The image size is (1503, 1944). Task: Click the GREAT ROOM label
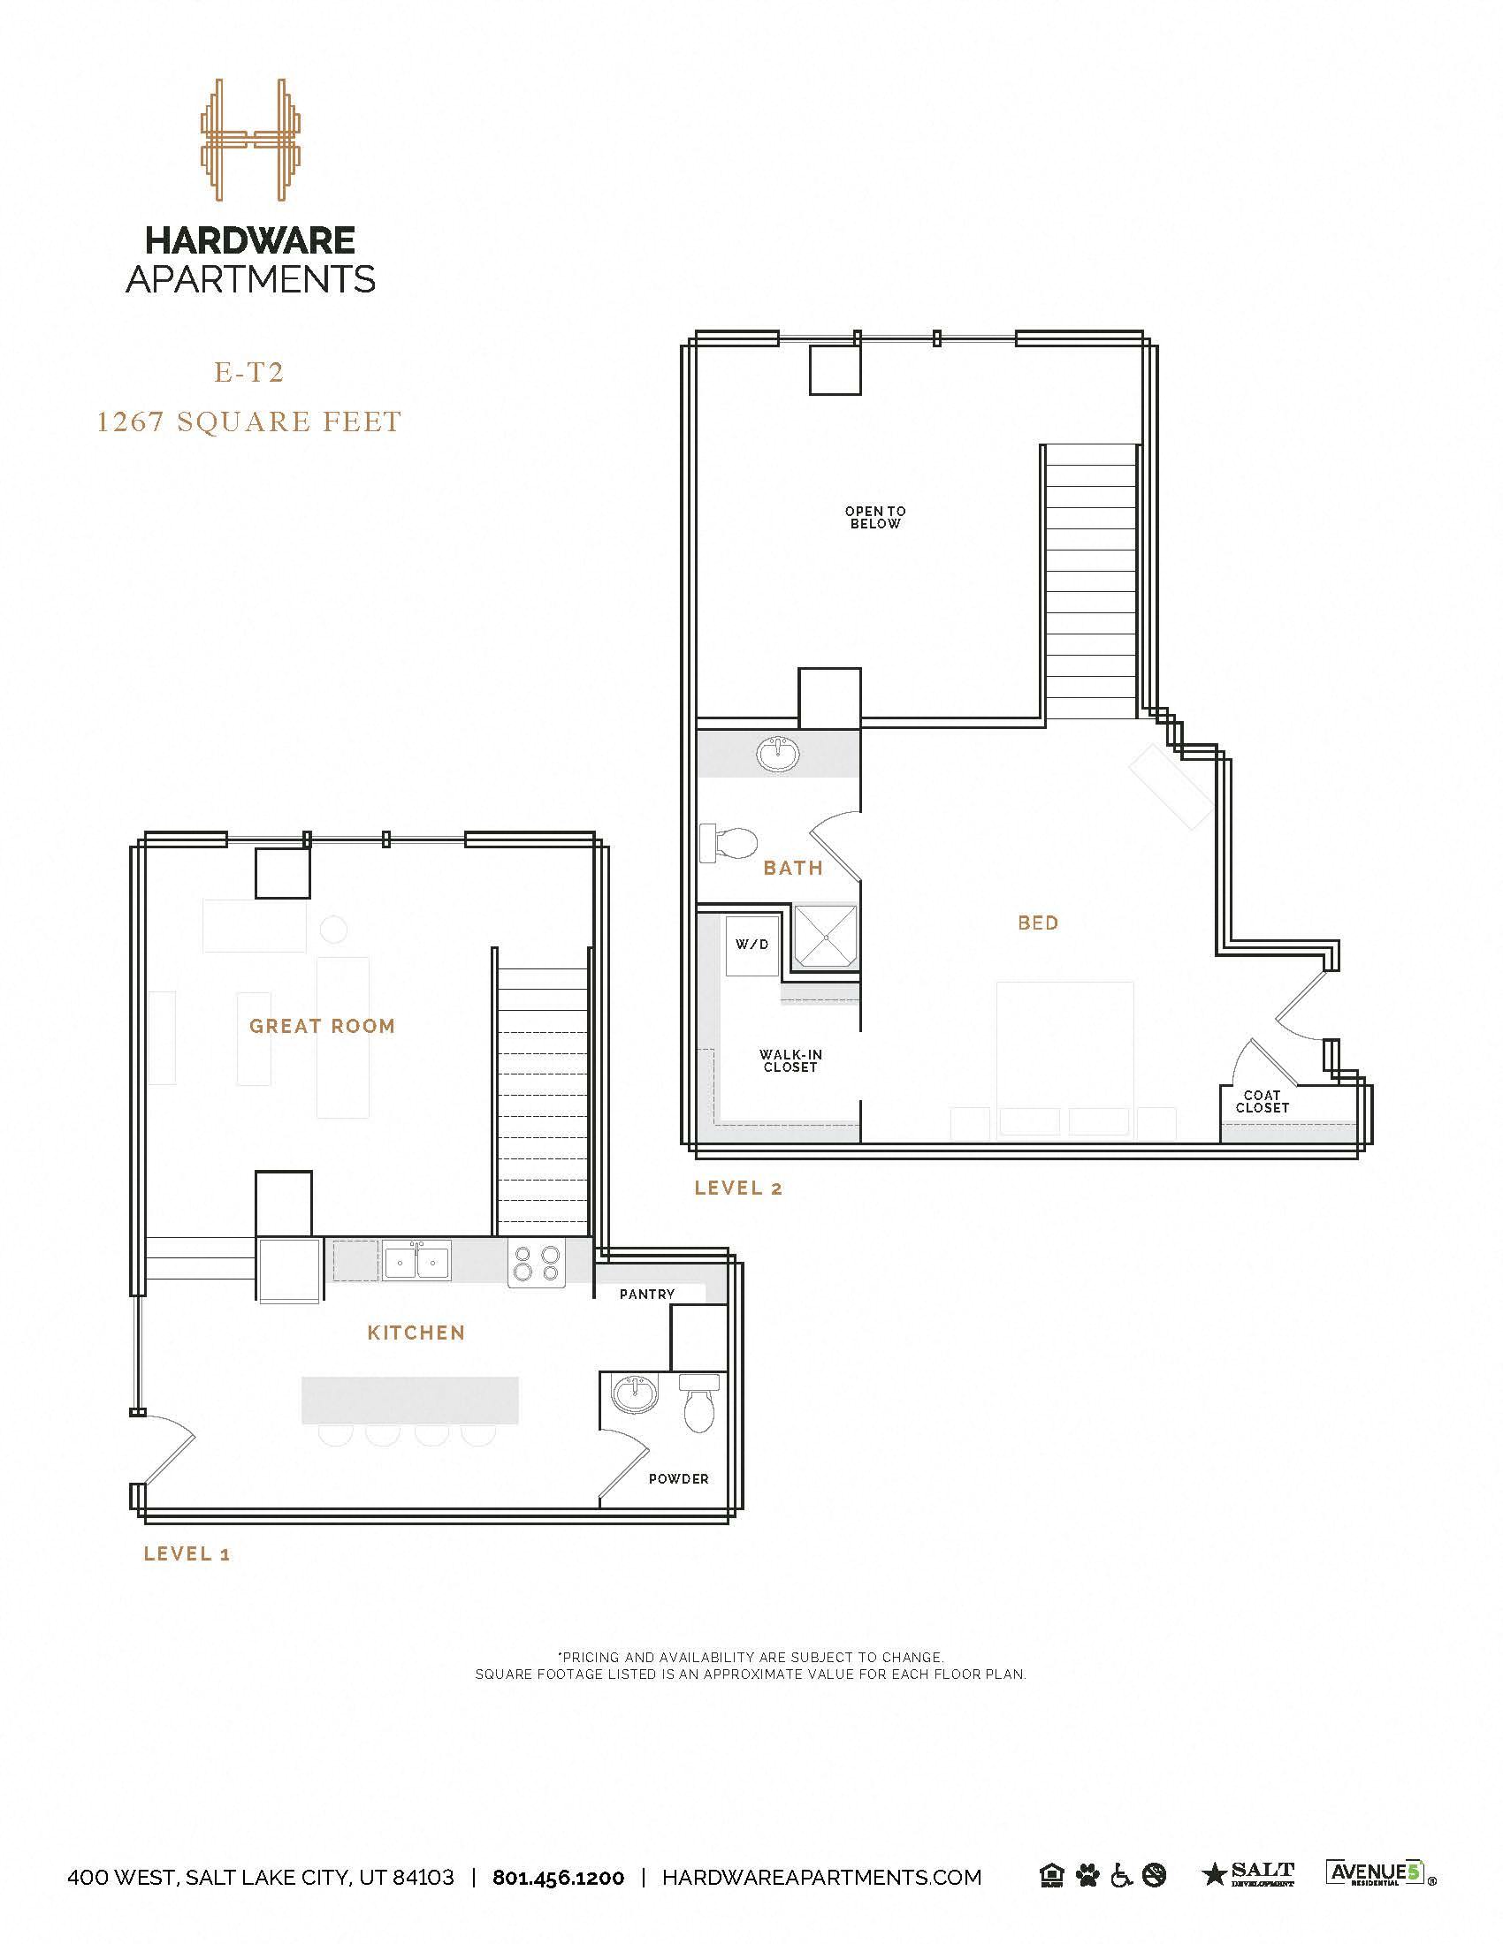322,1025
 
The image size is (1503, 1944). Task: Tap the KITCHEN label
416,1333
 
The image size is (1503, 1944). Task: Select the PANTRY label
647,1295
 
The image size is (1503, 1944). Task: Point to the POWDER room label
678,1478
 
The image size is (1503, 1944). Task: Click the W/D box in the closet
751,945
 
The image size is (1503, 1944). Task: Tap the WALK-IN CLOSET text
790,1060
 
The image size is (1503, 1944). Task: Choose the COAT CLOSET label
1262,1101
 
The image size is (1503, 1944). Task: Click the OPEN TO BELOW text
875,517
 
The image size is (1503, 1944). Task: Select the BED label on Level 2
1038,923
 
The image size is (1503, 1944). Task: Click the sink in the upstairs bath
778,755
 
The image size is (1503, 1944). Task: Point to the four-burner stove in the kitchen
537,1263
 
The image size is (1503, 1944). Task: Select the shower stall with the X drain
826,936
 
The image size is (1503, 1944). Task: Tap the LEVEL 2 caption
738,1188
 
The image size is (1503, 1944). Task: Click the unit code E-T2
248,372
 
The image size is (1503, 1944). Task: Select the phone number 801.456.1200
558,1877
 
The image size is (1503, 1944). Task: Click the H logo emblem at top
249,140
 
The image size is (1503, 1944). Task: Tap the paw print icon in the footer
1087,1875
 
